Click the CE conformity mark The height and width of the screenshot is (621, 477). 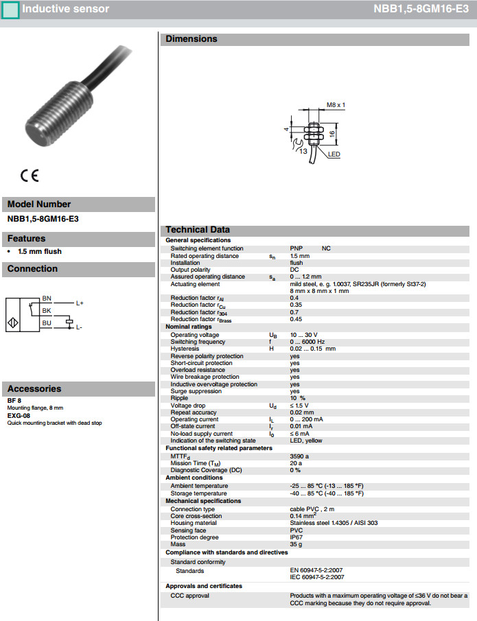pyautogui.click(x=30, y=175)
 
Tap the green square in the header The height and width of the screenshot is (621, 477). pyautogui.click(x=10, y=10)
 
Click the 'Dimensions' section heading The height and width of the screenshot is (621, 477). pyautogui.click(x=191, y=39)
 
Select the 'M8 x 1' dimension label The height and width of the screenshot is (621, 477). pyautogui.click(x=336, y=105)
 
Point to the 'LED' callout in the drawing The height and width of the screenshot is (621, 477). pyautogui.click(x=334, y=154)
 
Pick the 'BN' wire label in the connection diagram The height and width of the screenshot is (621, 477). pyautogui.click(x=47, y=298)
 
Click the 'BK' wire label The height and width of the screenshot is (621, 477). pyautogui.click(x=47, y=311)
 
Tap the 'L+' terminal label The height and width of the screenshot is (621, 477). pyautogui.click(x=80, y=303)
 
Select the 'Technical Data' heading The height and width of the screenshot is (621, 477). pyautogui.click(x=198, y=230)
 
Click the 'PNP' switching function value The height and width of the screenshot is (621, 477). pyautogui.click(x=296, y=248)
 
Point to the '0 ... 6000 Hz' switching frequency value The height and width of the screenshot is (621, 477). pyautogui.click(x=307, y=342)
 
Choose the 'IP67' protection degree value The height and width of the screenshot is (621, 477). pyautogui.click(x=296, y=537)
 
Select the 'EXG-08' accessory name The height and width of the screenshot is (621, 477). pyautogui.click(x=19, y=416)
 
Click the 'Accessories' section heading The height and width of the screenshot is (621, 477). pyautogui.click(x=34, y=388)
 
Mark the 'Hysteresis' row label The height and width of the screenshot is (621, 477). pyautogui.click(x=185, y=349)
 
